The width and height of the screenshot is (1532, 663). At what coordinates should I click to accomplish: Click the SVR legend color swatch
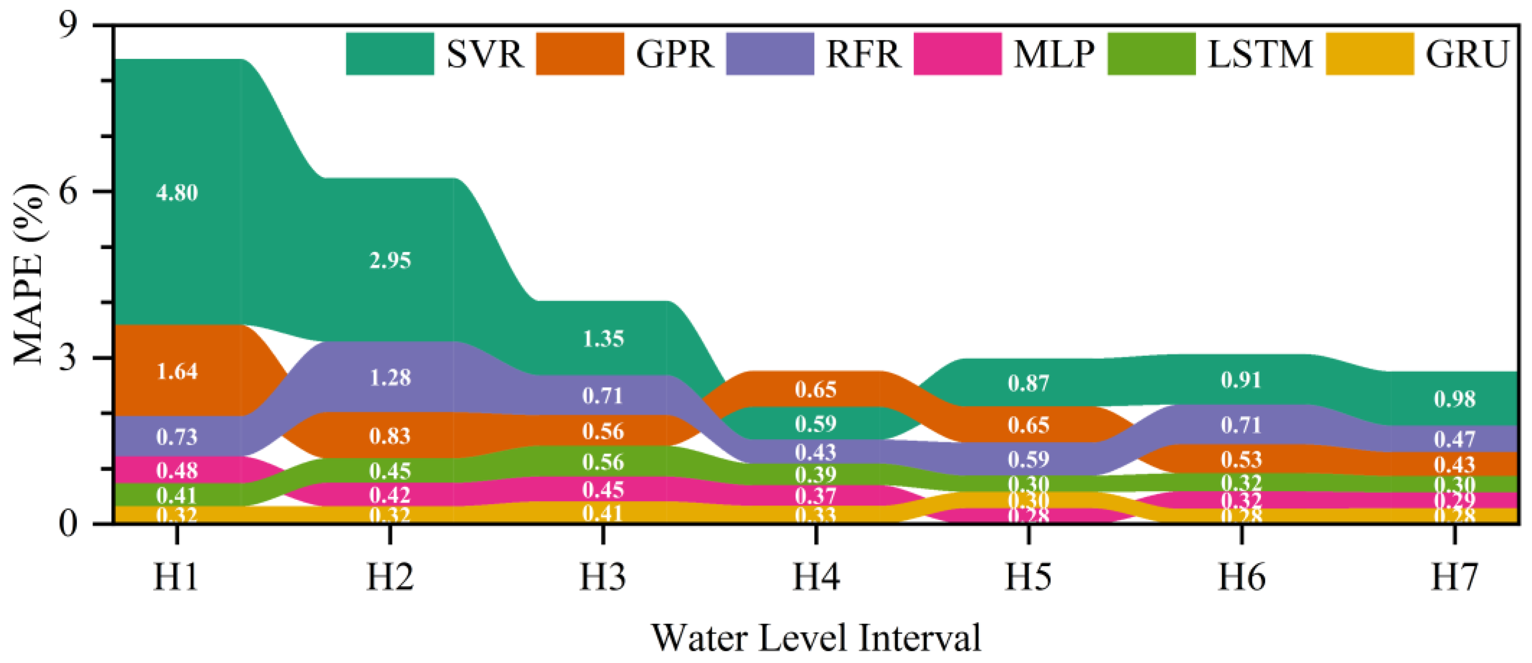[390, 54]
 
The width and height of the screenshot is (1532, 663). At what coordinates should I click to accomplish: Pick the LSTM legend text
[1259, 54]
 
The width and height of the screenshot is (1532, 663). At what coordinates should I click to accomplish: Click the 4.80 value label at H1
[177, 193]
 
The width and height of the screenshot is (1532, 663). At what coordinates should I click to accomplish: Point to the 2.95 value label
[390, 260]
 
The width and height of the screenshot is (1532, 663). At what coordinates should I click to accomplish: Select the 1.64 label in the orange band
[177, 372]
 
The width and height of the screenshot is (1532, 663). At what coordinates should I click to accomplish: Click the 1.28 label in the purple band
[390, 378]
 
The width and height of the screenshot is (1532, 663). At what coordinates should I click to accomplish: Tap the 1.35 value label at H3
[603, 339]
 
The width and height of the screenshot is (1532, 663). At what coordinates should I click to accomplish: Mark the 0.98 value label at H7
[1455, 399]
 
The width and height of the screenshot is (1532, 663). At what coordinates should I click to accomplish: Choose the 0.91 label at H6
[1241, 380]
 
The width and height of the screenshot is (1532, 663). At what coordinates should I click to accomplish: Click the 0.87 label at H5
[1028, 383]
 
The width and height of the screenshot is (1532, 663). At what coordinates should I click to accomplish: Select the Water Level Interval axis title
[816, 638]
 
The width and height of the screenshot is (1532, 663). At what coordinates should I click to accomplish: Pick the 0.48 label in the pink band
[177, 471]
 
